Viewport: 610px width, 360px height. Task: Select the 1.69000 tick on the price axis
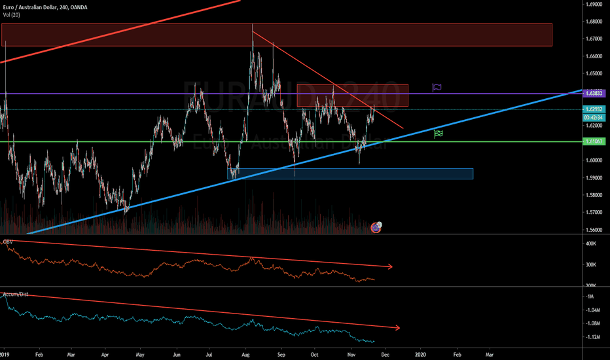[x=595, y=4]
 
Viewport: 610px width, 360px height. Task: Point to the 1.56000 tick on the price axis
[x=595, y=230]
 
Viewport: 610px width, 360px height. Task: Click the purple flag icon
[x=437, y=86]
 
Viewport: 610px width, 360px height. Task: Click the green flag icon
[x=439, y=134]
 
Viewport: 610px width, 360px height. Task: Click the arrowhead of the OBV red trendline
[x=391, y=266]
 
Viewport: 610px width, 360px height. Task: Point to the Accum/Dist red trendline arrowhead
[x=396, y=327]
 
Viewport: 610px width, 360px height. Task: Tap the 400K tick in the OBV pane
[x=590, y=243]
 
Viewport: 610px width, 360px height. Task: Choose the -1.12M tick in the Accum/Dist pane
[x=592, y=337]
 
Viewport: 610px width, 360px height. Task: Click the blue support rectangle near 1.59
[x=350, y=173]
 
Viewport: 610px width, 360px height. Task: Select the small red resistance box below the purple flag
[x=352, y=96]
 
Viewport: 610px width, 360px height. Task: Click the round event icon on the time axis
[x=376, y=227]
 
